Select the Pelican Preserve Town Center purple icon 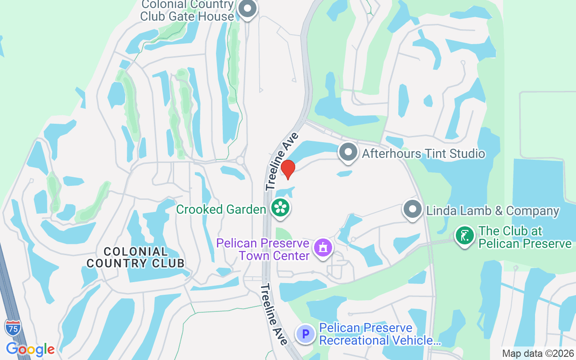click(x=323, y=247)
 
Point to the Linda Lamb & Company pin click(x=412, y=209)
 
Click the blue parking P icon click(x=306, y=334)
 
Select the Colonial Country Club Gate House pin click(x=247, y=9)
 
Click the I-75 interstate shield click(x=13, y=328)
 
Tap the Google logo click(x=30, y=349)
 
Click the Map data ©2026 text click(x=538, y=354)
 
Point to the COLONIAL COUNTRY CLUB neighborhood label click(x=135, y=257)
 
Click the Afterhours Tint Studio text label click(x=423, y=153)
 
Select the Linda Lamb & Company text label click(x=492, y=211)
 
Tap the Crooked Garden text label click(x=221, y=209)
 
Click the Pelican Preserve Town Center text click(x=263, y=249)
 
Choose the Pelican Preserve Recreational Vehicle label click(x=380, y=334)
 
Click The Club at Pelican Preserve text click(x=525, y=237)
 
